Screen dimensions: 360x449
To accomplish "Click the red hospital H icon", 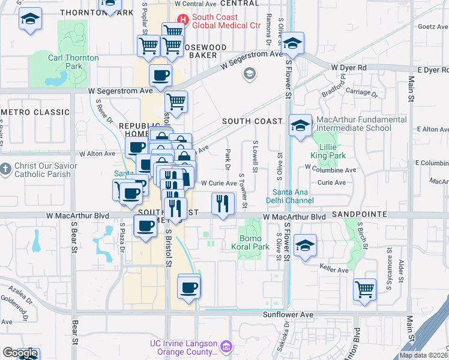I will tap(184, 20).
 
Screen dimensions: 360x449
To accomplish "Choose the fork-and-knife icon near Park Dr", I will tap(223, 203).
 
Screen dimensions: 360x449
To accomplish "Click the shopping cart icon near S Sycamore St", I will tap(365, 290).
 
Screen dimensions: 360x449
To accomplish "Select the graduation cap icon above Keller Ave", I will tap(306, 245).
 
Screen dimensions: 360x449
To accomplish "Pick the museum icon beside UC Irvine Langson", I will tap(226, 346).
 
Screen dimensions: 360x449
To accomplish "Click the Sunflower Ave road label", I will tap(288, 314).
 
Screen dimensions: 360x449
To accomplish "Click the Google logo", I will tap(20, 353).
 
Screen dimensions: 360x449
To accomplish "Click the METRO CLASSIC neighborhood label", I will tap(36, 112).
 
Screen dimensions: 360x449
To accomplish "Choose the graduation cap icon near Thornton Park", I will tap(30, 19).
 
